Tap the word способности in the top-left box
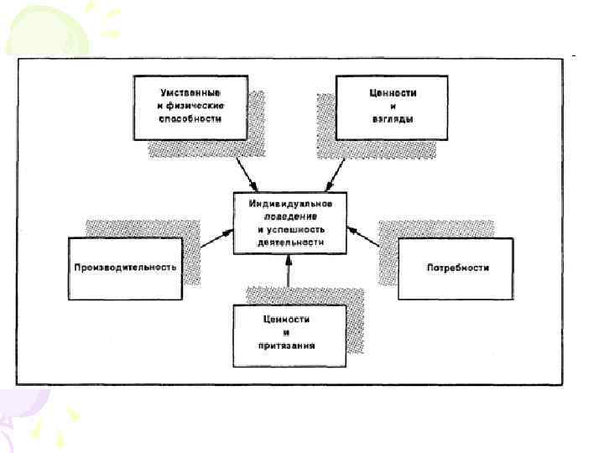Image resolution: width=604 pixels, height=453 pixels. [191, 119]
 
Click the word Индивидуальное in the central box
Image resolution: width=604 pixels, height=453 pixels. [290, 203]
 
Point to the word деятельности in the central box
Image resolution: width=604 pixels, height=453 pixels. [290, 242]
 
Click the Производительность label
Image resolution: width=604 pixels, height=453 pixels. [124, 268]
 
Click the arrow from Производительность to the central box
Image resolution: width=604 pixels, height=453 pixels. [216, 240]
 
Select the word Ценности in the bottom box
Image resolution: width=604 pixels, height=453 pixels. [288, 318]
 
